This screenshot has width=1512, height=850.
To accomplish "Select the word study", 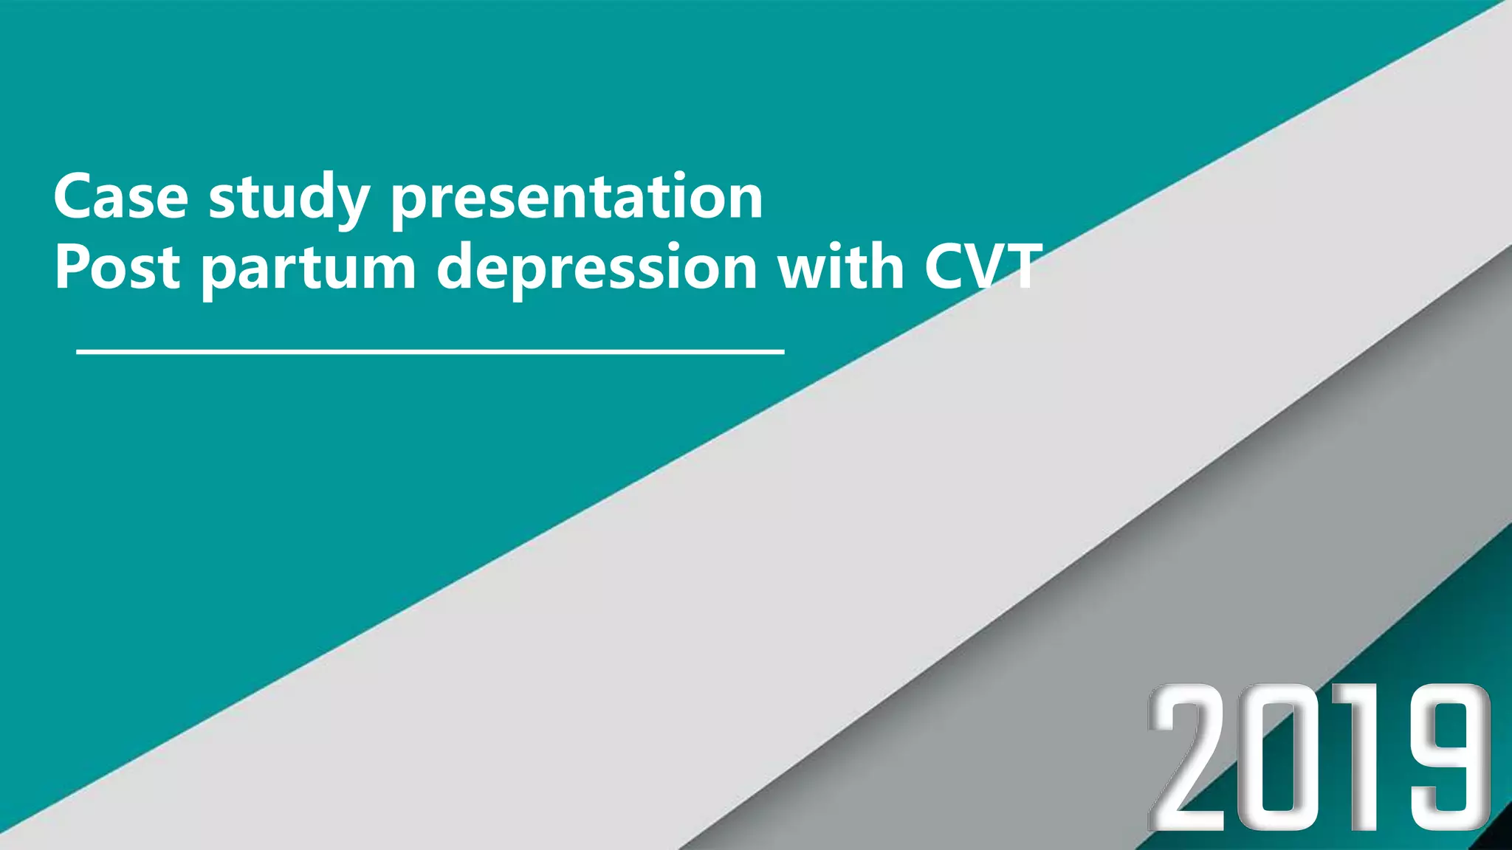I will coord(289,198).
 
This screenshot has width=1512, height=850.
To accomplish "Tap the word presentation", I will coord(576,198).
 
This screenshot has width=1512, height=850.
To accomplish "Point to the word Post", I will coord(117,266).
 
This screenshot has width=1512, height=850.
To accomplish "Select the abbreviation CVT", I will coord(983,266).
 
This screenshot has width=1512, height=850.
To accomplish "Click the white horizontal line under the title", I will coord(430,353).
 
